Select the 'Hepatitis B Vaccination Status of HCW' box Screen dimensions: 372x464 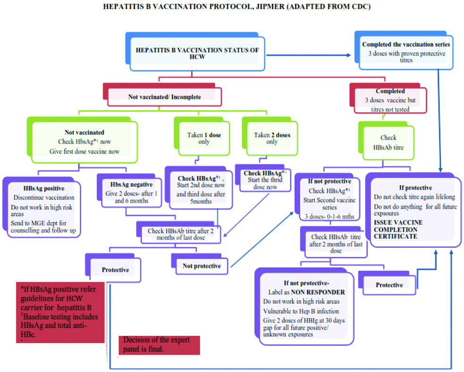[194, 52]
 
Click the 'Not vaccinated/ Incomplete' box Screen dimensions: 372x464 [164, 97]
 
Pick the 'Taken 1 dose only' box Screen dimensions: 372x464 [203, 138]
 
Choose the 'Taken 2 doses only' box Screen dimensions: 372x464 [272, 138]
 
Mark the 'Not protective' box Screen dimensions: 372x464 [202, 266]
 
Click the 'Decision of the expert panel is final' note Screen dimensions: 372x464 [157, 345]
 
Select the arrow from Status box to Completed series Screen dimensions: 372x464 [309, 56]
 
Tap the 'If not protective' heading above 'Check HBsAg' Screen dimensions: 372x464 [329, 182]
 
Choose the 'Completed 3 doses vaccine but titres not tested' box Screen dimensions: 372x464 [390, 100]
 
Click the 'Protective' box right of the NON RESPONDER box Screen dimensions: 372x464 [389, 285]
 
